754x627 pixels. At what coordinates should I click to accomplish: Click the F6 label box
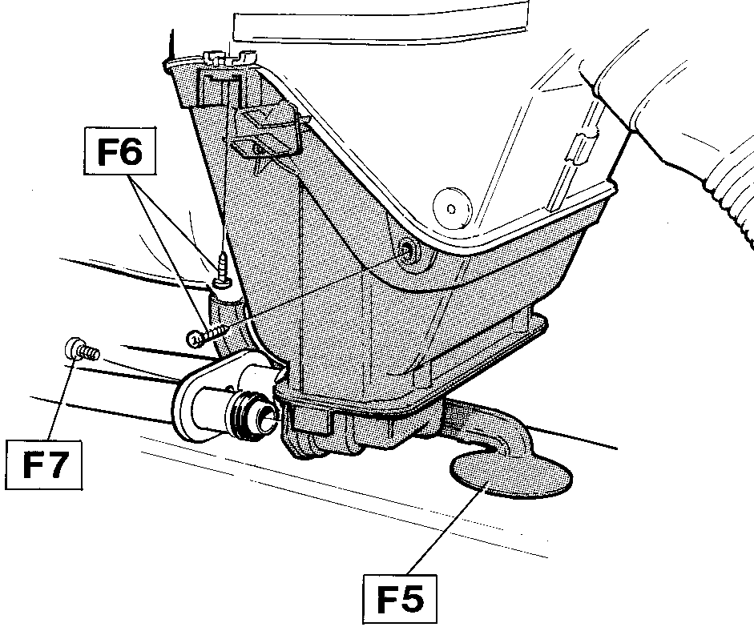coord(120,151)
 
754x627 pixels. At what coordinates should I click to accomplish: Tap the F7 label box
coord(44,464)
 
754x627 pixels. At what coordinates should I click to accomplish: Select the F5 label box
coord(400,599)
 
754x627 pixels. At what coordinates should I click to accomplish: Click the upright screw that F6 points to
coord(222,271)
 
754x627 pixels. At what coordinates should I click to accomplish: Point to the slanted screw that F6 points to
coord(208,336)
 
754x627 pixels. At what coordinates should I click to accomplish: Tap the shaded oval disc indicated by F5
coord(510,474)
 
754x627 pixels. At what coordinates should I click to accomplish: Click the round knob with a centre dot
coord(452,208)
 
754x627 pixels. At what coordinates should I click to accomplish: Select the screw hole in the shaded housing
coord(409,251)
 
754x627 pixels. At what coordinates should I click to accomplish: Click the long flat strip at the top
coord(381,21)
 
